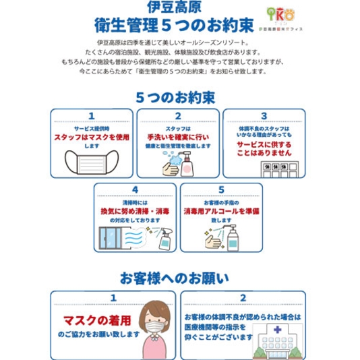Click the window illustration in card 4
pyautogui.click(x=115, y=238)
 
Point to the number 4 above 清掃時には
pyautogui.click(x=135, y=190)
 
